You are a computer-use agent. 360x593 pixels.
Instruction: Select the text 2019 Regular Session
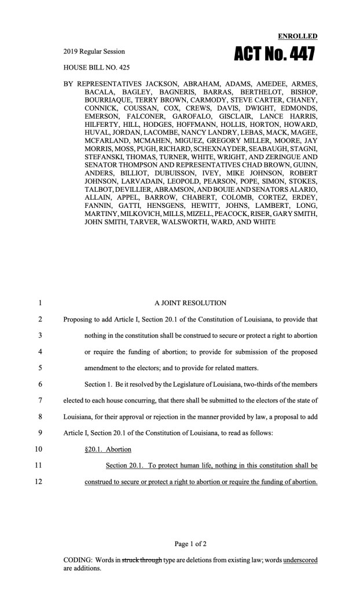point(94,51)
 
